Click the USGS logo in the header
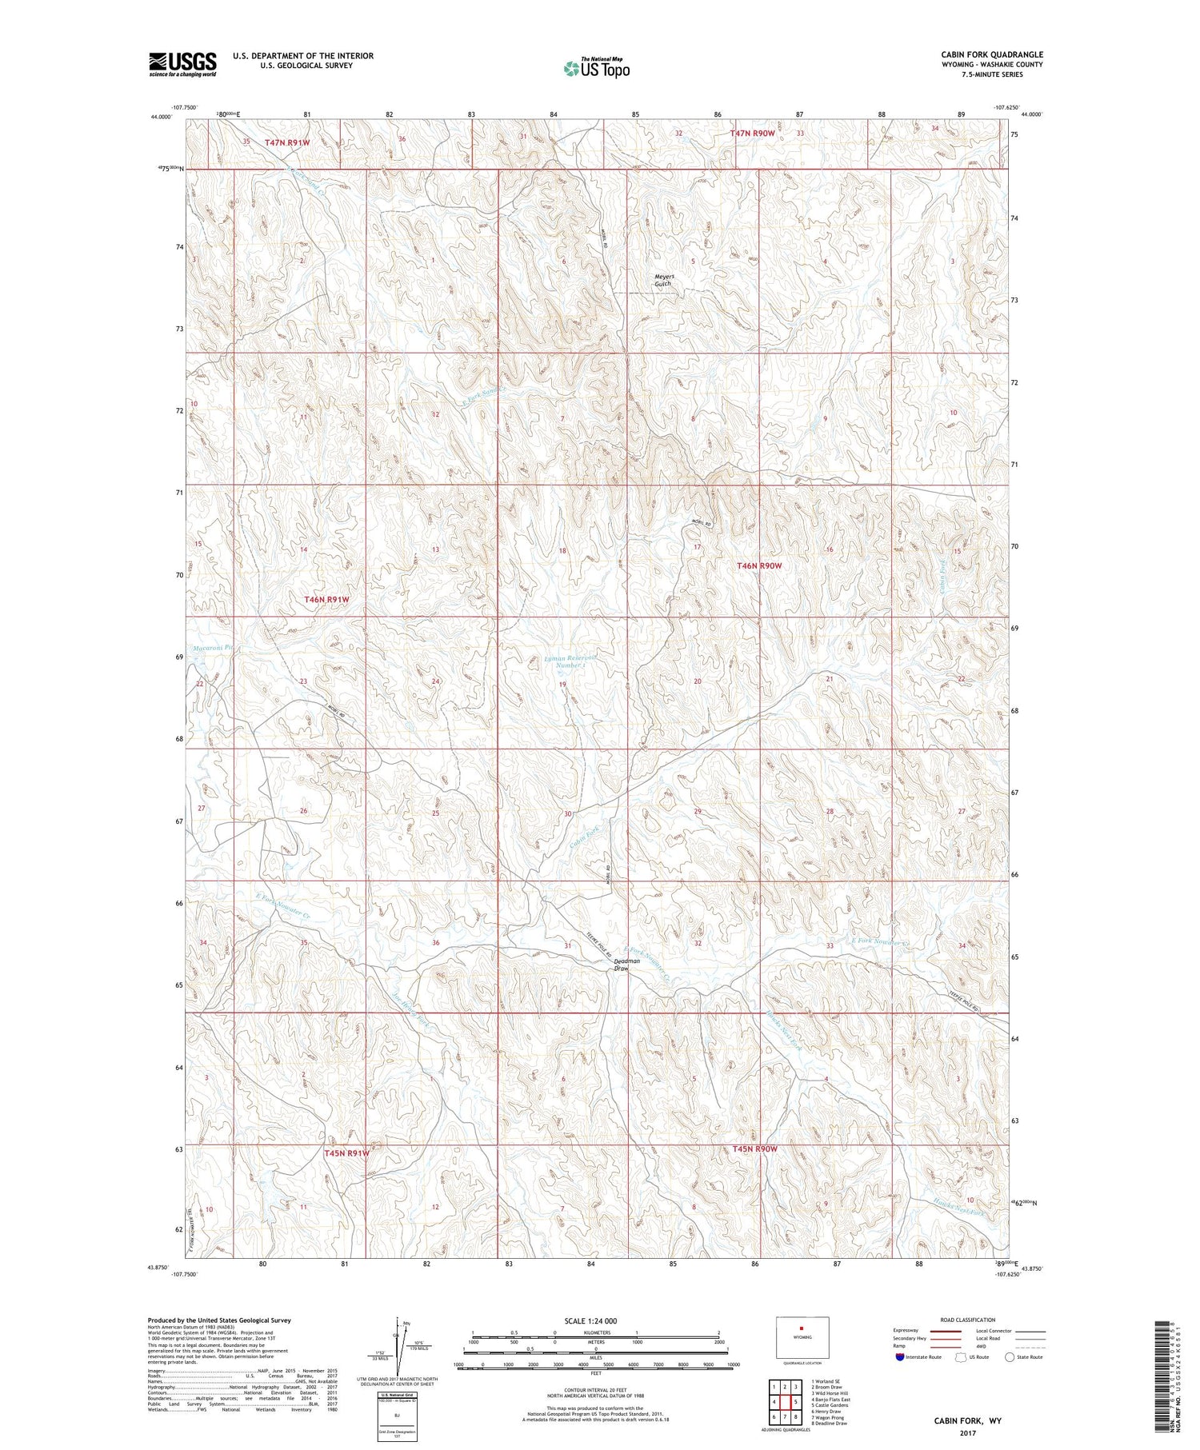[182, 63]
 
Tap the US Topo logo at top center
[596, 68]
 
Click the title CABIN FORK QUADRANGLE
[991, 55]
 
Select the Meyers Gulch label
[664, 280]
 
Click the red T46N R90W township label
[758, 565]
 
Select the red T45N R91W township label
[347, 1153]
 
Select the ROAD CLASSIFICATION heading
[968, 1320]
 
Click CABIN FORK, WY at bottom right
[968, 1421]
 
